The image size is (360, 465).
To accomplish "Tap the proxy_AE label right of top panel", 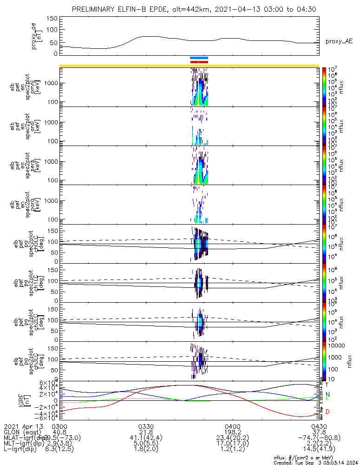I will tap(339, 41).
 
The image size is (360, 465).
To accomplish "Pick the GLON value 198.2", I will tap(232, 432).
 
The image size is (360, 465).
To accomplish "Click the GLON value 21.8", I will tap(146, 432).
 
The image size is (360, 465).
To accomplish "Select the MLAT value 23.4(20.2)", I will tap(232, 438).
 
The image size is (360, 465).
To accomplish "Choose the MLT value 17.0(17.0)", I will tap(232, 444).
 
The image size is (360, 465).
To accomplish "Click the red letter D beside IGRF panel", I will tap(327, 412).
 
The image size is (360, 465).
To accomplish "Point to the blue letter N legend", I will tap(327, 394).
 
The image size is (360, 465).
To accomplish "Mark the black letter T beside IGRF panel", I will tap(327, 385).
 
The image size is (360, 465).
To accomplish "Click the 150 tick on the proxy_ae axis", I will tap(52, 19).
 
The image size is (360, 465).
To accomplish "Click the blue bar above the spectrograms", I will tap(199, 58).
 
